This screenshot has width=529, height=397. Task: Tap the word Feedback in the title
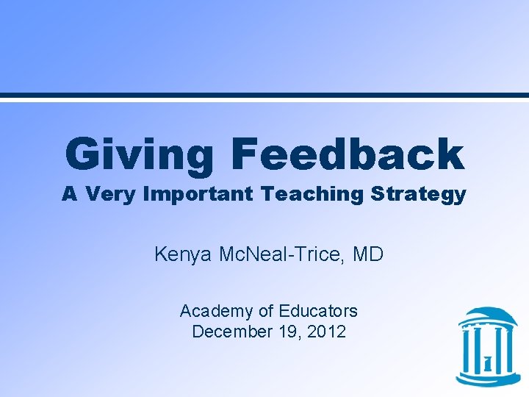click(x=348, y=154)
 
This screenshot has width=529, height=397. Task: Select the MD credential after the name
click(x=368, y=255)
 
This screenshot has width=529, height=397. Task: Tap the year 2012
click(x=327, y=332)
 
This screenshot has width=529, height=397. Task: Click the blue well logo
click(x=487, y=346)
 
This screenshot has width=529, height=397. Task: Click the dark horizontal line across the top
click(x=264, y=96)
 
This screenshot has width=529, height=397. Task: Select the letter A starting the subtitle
click(x=70, y=194)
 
